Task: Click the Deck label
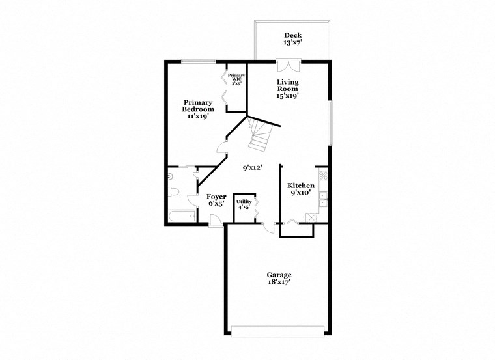point(292,35)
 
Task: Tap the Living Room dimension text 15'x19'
point(287,95)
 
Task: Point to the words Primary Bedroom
point(198,105)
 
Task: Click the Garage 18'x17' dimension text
point(278,283)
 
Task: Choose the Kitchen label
point(301,186)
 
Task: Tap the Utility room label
point(244,202)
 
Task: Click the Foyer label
point(216,196)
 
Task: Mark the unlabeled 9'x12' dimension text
point(252,168)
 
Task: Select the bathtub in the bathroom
point(182,216)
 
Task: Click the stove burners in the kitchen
point(322,175)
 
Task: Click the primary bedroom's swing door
point(223,146)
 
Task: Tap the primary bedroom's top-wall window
point(199,62)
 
